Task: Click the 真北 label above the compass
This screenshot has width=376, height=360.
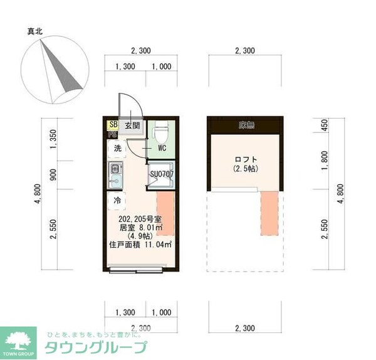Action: (34, 30)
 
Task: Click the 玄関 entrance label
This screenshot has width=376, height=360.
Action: (132, 126)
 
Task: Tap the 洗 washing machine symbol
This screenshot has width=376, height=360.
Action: (117, 149)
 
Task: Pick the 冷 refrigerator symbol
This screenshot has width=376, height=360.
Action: (117, 201)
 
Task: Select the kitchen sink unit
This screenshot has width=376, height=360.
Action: (116, 174)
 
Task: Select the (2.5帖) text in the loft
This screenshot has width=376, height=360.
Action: (246, 169)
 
